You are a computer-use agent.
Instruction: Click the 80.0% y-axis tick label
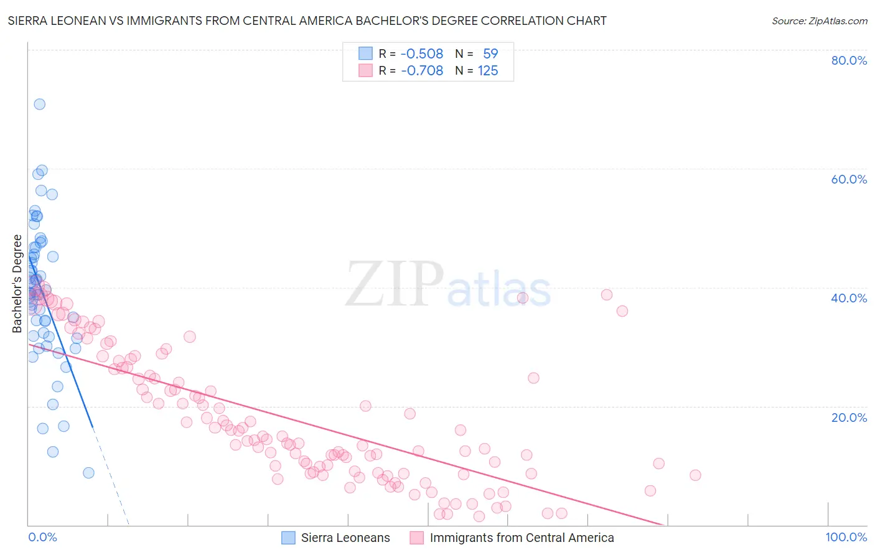click(849, 60)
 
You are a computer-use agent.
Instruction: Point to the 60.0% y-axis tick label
click(849, 179)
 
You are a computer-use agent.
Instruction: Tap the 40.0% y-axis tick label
click(849, 298)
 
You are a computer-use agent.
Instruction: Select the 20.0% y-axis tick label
click(849, 417)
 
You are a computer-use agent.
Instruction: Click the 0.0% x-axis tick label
click(42, 537)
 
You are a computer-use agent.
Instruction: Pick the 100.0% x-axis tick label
click(846, 537)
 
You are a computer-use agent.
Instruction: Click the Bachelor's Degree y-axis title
click(17, 283)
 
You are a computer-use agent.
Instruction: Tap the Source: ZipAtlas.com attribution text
click(819, 21)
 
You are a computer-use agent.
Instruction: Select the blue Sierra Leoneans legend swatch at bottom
click(288, 538)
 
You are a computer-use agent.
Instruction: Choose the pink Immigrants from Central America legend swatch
click(416, 538)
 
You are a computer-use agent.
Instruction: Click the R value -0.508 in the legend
click(422, 54)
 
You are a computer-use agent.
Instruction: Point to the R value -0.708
click(422, 70)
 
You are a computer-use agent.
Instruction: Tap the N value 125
click(488, 70)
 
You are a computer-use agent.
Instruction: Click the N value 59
click(490, 54)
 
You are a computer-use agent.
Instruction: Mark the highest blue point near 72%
click(39, 104)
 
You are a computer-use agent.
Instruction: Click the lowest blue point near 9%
click(88, 473)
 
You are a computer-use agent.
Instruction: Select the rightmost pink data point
click(695, 475)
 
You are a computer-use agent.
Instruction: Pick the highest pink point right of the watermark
click(607, 294)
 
